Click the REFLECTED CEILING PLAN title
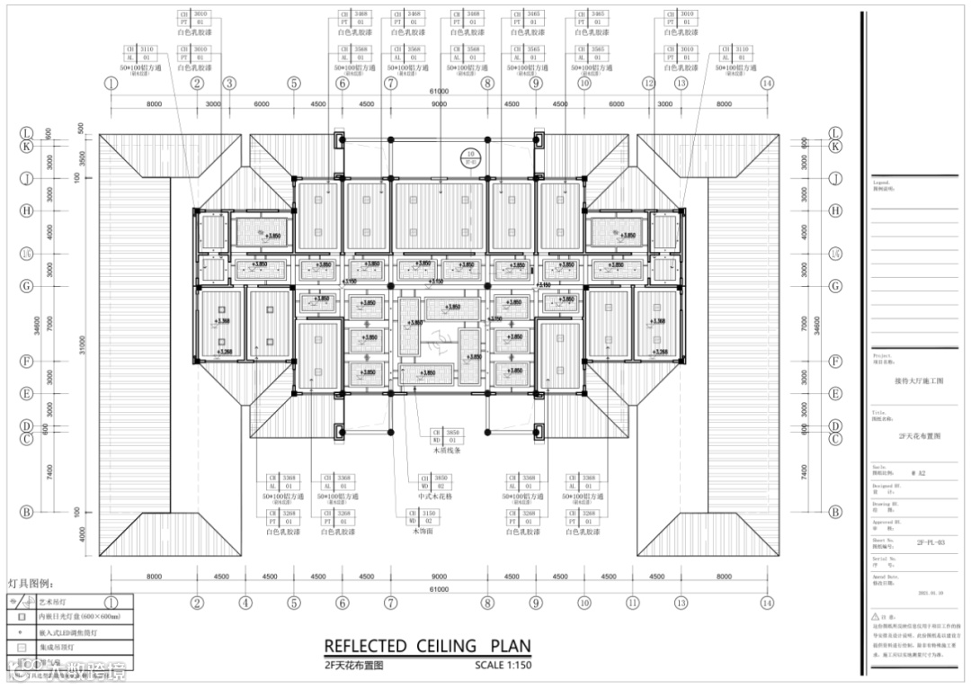click(x=426, y=646)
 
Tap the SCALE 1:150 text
click(x=503, y=667)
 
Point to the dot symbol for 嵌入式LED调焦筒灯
click(x=20, y=631)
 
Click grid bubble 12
click(x=647, y=84)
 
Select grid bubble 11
click(x=632, y=603)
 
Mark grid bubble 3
click(x=229, y=84)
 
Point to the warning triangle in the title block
click(x=876, y=618)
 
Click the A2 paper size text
click(x=918, y=472)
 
